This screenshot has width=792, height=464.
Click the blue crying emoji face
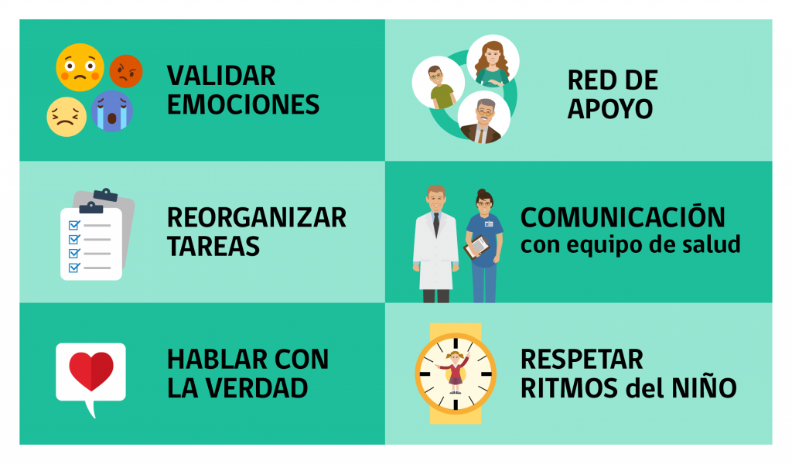[112, 111]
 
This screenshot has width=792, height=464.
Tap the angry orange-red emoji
[126, 71]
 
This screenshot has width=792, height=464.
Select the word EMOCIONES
[243, 104]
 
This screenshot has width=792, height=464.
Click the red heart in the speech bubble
[91, 371]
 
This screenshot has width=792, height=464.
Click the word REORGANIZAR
[257, 217]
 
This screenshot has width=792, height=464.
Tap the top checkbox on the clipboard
[74, 225]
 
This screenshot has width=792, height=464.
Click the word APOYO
[610, 109]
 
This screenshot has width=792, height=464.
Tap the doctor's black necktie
[436, 225]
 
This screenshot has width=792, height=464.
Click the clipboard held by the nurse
[476, 247]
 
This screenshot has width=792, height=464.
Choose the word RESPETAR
[582, 360]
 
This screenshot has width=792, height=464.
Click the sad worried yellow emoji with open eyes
[80, 67]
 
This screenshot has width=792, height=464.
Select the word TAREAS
[213, 247]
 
